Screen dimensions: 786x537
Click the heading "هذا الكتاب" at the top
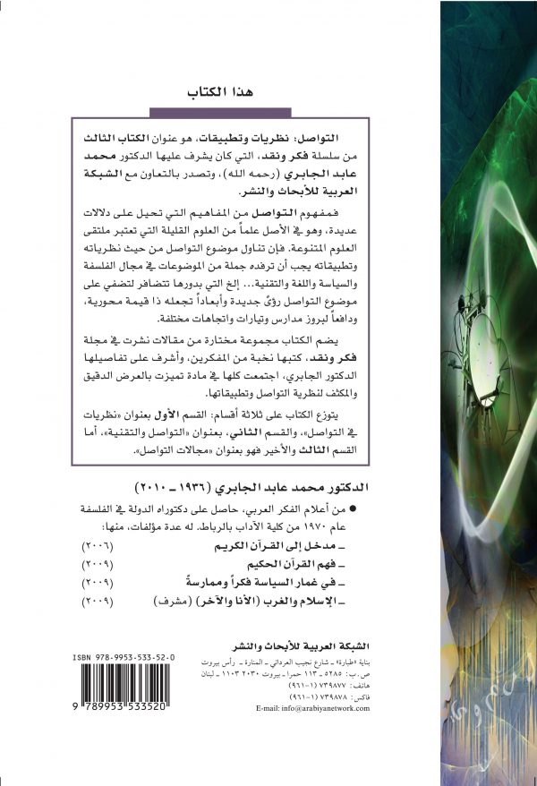(x=219, y=93)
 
